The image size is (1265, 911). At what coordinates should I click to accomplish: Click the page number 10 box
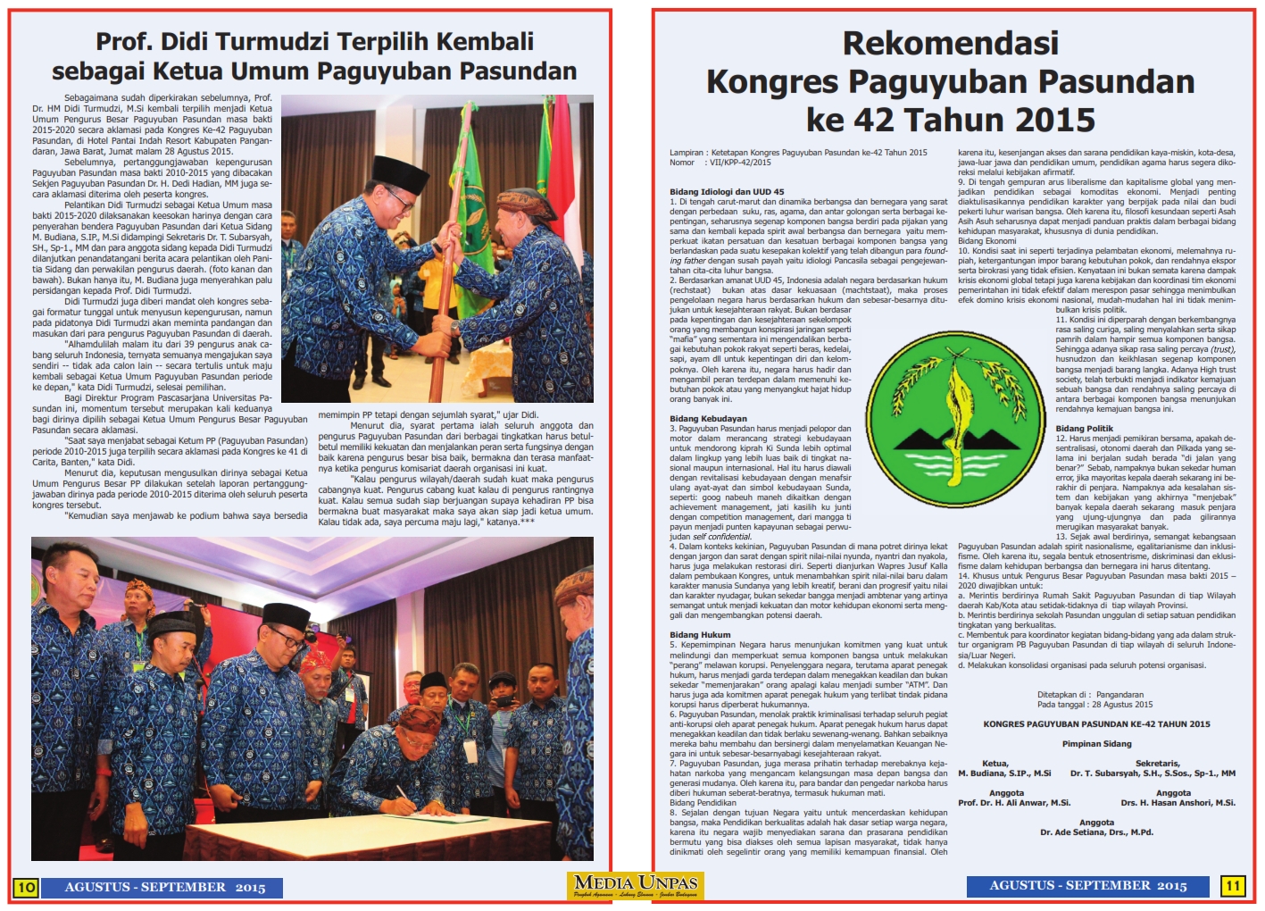[x=25, y=887]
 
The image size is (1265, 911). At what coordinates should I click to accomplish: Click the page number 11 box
[x=1233, y=885]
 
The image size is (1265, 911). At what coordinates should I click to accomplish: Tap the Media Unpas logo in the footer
[x=637, y=885]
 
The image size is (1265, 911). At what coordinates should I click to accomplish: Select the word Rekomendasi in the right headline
[x=950, y=43]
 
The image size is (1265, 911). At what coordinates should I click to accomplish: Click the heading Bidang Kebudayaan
[x=708, y=418]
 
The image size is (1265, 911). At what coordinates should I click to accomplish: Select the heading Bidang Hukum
[x=700, y=634]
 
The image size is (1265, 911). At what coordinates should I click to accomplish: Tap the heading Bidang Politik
[x=1084, y=429]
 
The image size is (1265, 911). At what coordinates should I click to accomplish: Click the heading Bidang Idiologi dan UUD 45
[x=727, y=191]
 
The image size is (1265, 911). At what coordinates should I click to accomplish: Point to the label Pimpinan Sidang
[x=1096, y=743]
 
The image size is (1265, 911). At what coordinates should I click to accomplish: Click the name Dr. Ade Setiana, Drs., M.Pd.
[x=1096, y=832]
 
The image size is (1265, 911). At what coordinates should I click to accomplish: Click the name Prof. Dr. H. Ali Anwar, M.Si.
[x=1014, y=803]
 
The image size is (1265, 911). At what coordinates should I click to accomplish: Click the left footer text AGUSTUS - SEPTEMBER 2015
[x=164, y=887]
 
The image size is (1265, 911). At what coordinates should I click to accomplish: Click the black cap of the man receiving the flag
[x=400, y=169]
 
